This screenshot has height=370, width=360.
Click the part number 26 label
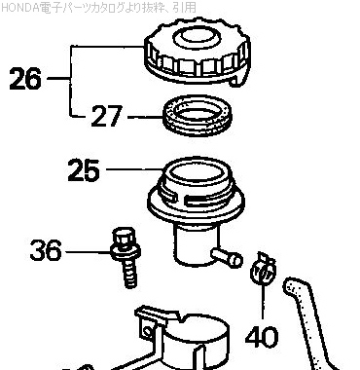point(25,79)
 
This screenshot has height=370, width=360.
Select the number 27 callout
point(106,116)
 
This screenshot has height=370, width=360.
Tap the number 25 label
point(84,169)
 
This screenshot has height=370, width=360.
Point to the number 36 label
point(46,250)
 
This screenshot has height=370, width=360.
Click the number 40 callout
point(262,337)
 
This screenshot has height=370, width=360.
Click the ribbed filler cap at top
point(198,54)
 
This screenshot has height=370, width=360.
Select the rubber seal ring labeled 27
point(198,116)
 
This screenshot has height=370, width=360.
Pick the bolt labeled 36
point(126,257)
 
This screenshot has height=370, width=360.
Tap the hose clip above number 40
point(263,269)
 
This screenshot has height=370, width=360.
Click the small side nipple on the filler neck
point(227,256)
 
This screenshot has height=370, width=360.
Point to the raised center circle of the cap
point(197,37)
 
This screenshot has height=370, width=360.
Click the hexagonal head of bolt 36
point(124,238)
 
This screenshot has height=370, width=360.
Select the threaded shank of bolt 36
point(130,274)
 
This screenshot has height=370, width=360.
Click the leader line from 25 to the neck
point(134,169)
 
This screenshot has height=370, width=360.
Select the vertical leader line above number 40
point(263,300)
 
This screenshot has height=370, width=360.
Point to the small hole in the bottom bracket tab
point(148,332)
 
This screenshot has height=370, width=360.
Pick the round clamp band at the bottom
point(195,343)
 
